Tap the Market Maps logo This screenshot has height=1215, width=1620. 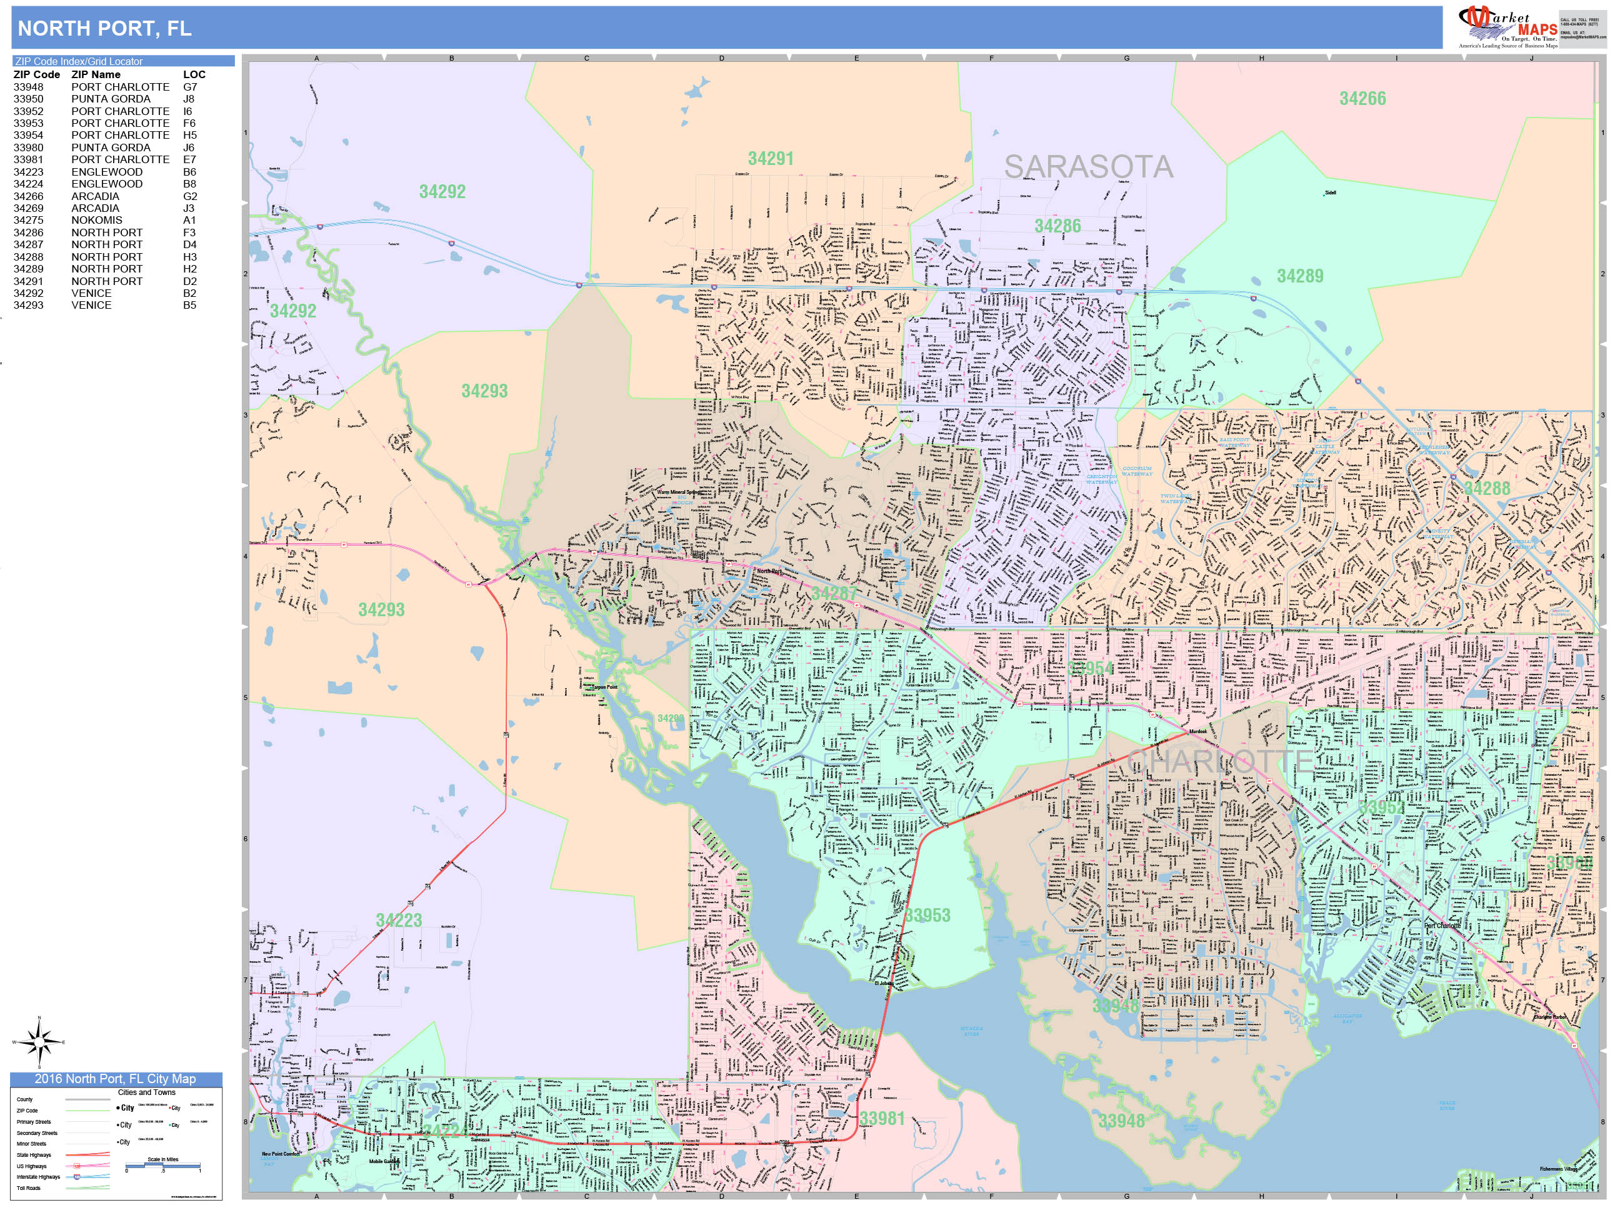(x=1509, y=27)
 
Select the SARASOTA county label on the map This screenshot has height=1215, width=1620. (x=1087, y=167)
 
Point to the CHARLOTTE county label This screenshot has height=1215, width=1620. (x=1219, y=761)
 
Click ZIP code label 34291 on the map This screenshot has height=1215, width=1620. (x=770, y=158)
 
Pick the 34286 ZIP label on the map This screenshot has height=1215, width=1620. (x=1057, y=226)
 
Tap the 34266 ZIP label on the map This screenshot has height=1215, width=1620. (x=1362, y=98)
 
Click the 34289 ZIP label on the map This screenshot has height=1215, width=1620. (x=1300, y=276)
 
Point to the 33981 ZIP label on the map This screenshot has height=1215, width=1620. (x=882, y=1118)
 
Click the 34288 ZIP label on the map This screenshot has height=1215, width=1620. (x=1486, y=487)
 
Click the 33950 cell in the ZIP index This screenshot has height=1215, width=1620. (x=28, y=99)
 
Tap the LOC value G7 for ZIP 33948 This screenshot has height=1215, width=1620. (x=189, y=87)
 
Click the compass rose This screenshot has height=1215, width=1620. (x=39, y=1041)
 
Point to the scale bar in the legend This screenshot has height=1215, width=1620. (x=162, y=1164)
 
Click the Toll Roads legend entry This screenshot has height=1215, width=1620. (x=29, y=1188)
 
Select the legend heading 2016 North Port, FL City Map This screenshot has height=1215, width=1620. (x=115, y=1079)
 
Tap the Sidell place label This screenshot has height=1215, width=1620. (x=1330, y=193)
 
